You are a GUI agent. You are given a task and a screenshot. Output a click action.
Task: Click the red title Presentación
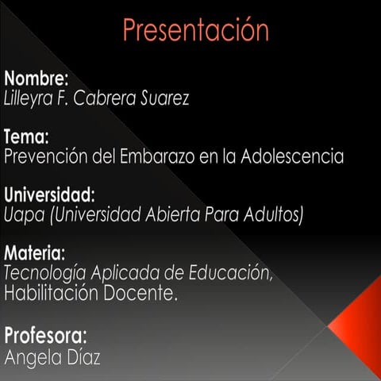pos(195,31)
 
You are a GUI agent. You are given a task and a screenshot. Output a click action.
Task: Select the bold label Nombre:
pos(37,79)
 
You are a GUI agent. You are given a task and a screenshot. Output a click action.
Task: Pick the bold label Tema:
pos(27,137)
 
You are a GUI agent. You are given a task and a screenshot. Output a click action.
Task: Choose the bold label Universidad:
pos(49,194)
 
